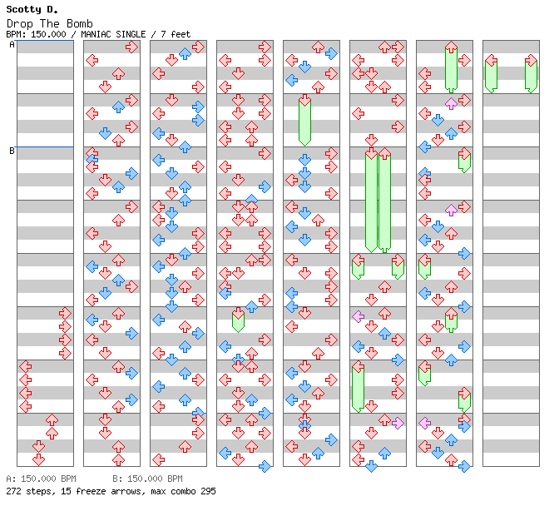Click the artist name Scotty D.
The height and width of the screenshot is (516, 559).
32,9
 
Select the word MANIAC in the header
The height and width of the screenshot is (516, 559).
96,34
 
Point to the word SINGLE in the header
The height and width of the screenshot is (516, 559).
131,34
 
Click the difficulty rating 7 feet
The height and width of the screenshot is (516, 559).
176,34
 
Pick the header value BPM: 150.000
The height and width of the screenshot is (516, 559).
36,34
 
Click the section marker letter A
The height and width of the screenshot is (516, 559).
12,44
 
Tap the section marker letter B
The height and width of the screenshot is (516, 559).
12,151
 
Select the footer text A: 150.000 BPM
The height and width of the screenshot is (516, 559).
41,479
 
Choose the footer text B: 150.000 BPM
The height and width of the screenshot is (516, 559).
147,479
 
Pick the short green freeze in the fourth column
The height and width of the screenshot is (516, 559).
238,320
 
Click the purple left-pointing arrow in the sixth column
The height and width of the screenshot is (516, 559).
358,316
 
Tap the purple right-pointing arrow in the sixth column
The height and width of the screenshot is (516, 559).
398,423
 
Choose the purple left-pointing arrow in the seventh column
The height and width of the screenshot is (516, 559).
424,423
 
